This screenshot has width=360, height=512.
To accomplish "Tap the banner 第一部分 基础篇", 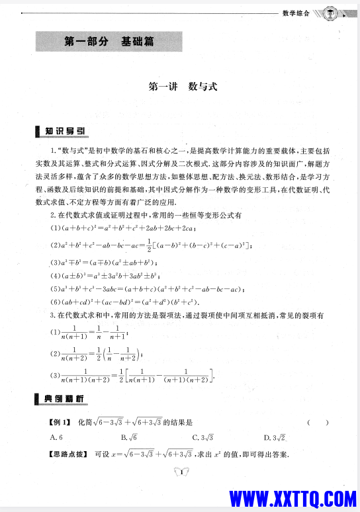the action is (109, 42).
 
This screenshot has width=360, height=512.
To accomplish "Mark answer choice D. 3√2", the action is (273, 437).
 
